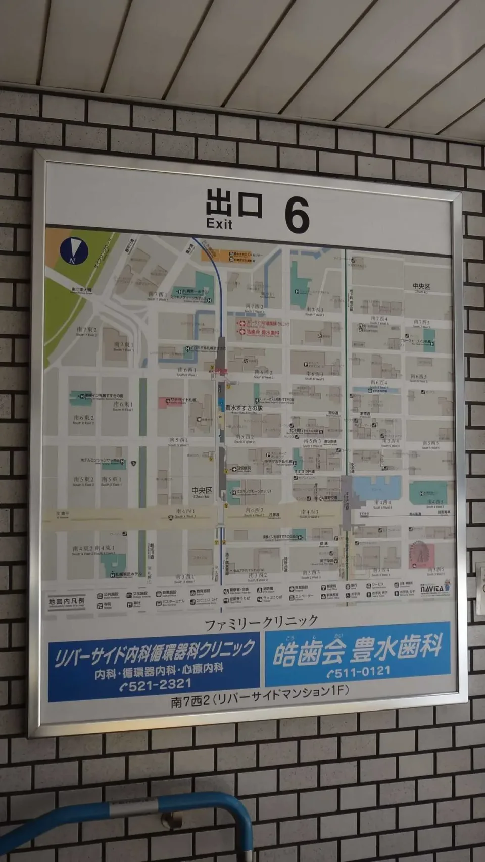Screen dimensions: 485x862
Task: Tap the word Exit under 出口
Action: [x=219, y=224]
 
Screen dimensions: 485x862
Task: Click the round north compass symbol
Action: [x=74, y=250]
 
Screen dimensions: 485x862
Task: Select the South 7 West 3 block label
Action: [x=314, y=311]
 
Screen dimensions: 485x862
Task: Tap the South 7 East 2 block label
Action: [x=86, y=331]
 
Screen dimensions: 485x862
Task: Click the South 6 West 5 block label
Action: [x=418, y=377]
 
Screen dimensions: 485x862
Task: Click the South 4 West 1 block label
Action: [x=185, y=512]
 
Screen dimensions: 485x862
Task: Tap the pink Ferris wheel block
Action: [x=419, y=553]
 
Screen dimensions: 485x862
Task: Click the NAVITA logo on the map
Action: [x=432, y=588]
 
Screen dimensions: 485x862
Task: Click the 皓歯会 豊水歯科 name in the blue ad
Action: [x=358, y=649]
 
